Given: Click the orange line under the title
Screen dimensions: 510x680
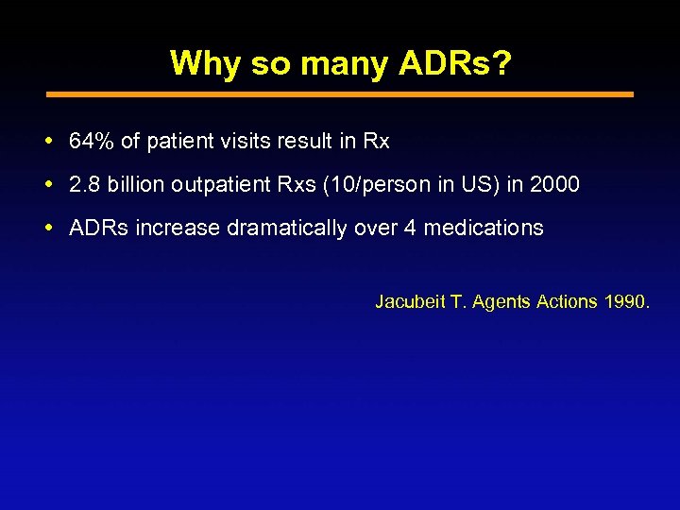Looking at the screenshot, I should tap(340, 94).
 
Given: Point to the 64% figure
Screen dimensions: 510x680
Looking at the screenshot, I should tap(92, 142).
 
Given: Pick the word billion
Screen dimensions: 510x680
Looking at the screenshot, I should tap(133, 184).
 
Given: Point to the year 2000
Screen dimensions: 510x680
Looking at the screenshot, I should tap(555, 184).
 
